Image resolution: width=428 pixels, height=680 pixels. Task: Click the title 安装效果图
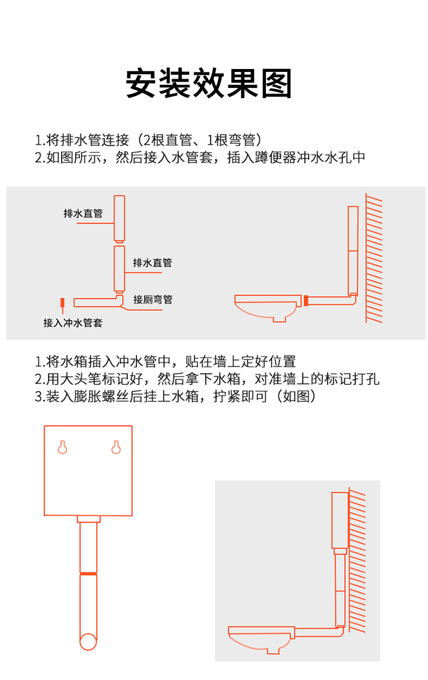pyautogui.click(x=209, y=84)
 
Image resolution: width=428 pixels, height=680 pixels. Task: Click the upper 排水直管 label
pyautogui.click(x=83, y=213)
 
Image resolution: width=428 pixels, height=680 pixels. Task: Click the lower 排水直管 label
pyautogui.click(x=152, y=262)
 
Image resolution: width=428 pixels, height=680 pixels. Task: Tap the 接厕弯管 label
pyautogui.click(x=153, y=299)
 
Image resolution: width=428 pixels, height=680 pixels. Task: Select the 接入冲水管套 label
pyautogui.click(x=73, y=323)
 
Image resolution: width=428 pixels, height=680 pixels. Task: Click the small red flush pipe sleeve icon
pyautogui.click(x=63, y=302)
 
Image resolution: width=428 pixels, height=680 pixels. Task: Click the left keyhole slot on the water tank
pyautogui.click(x=63, y=447)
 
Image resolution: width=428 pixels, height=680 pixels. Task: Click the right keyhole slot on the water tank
pyautogui.click(x=116, y=447)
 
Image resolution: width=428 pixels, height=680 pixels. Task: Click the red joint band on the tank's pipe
pyautogui.click(x=88, y=573)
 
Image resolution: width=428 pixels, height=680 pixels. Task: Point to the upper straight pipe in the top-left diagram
pyautogui.click(x=119, y=218)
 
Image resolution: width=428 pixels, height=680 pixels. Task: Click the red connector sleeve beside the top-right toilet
pyautogui.click(x=306, y=300)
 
